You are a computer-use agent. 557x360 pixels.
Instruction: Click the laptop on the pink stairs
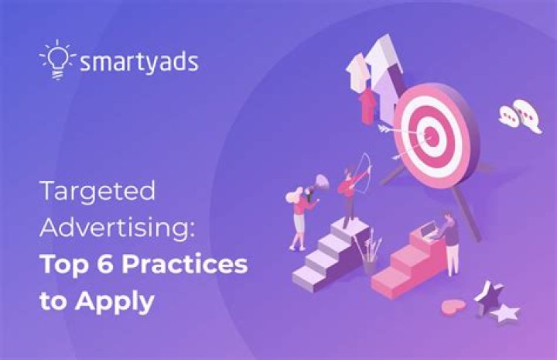427,231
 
